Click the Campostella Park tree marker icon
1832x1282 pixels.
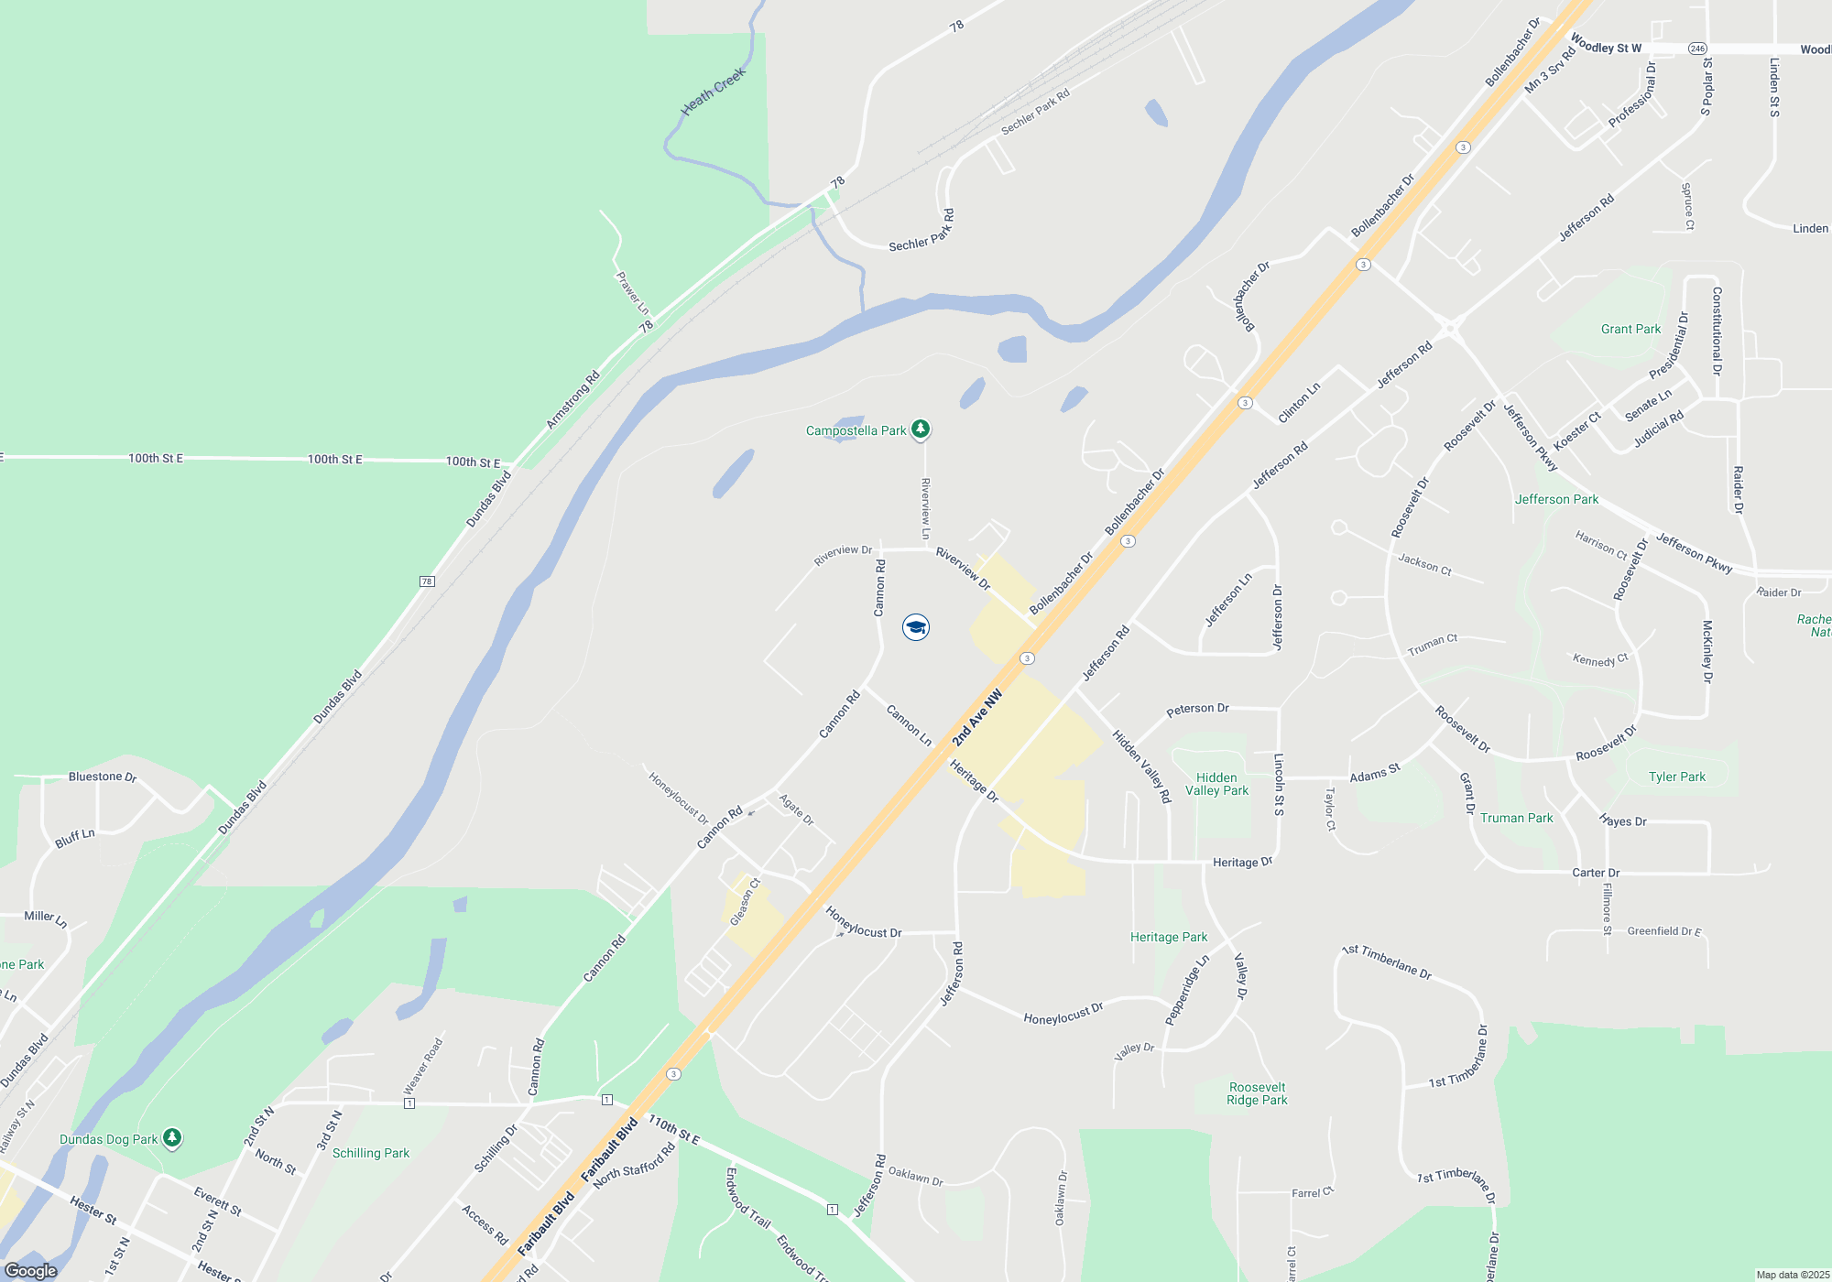921,429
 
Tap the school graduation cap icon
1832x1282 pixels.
915,627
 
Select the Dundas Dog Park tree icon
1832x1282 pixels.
171,1138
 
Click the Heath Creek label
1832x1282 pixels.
714,92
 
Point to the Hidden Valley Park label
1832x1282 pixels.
1216,784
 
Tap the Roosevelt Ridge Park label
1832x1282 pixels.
1257,1093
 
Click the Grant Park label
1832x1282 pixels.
1630,329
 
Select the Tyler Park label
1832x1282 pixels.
1677,777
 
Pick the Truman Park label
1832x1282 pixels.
1517,818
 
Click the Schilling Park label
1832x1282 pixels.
371,1153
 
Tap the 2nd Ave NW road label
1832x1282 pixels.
977,718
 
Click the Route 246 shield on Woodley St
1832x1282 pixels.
1697,49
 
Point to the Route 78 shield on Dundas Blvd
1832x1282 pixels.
427,581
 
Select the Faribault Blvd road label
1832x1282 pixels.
609,1149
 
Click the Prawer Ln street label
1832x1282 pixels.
632,293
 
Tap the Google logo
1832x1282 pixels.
31,1271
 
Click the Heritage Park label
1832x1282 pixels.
1169,937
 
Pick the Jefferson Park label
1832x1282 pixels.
1556,499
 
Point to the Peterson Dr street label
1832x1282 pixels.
1197,709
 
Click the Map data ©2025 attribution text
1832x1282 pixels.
1793,1275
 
